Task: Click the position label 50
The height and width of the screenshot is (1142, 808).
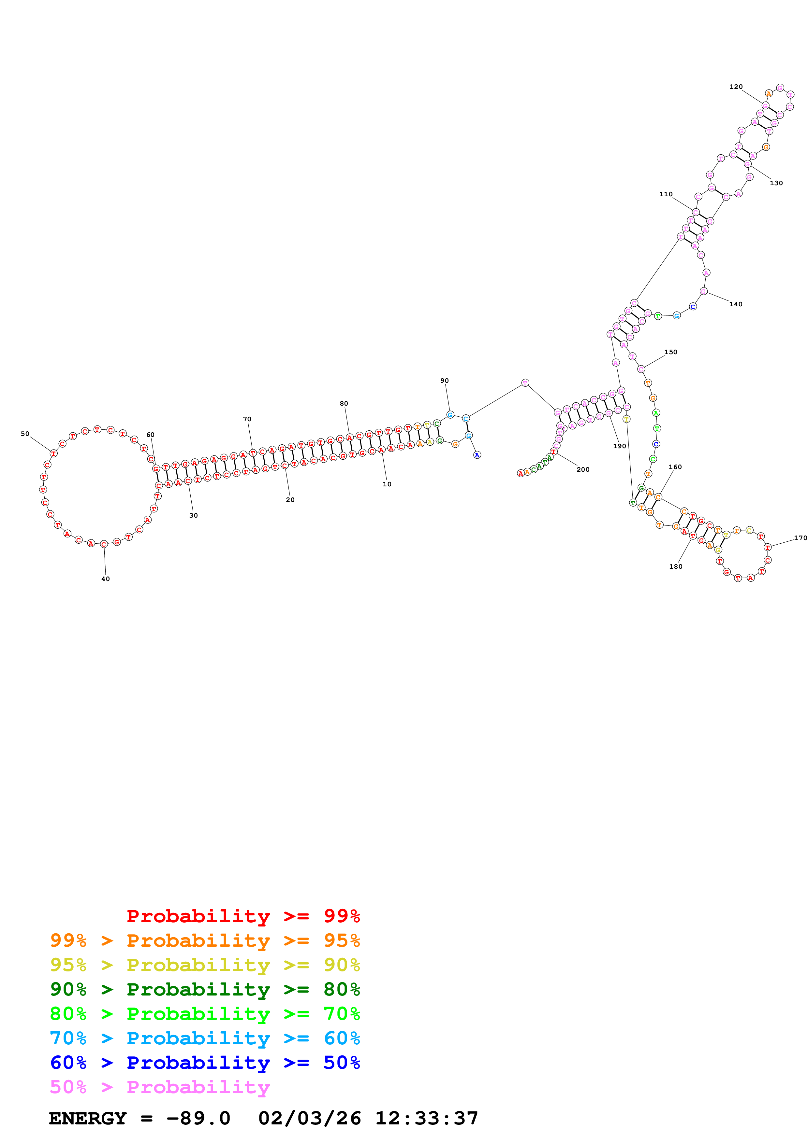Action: [x=25, y=434]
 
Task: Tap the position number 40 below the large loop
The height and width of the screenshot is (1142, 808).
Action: [x=106, y=579]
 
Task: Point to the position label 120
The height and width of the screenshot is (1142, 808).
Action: [x=736, y=87]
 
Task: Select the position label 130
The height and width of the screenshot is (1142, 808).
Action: [x=776, y=183]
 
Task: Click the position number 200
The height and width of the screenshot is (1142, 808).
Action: [x=583, y=469]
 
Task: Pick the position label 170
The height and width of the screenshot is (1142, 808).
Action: [x=801, y=538]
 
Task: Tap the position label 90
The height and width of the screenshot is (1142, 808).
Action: [x=445, y=381]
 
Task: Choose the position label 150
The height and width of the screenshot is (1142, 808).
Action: [x=670, y=352]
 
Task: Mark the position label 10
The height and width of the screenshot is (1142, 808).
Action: [x=387, y=484]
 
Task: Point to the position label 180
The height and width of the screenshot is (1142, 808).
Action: [x=676, y=566]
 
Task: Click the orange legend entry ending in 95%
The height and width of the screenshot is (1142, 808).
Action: [x=205, y=940]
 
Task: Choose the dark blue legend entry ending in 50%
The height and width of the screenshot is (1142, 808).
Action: [x=205, y=1063]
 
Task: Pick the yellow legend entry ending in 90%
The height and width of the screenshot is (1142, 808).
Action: [x=205, y=965]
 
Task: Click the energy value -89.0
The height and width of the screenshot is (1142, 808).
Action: [x=198, y=1118]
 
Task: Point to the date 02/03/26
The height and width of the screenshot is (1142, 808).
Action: [x=310, y=1118]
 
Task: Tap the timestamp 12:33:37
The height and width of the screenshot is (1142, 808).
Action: [x=426, y=1118]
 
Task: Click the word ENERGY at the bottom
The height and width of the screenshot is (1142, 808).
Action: [x=88, y=1118]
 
